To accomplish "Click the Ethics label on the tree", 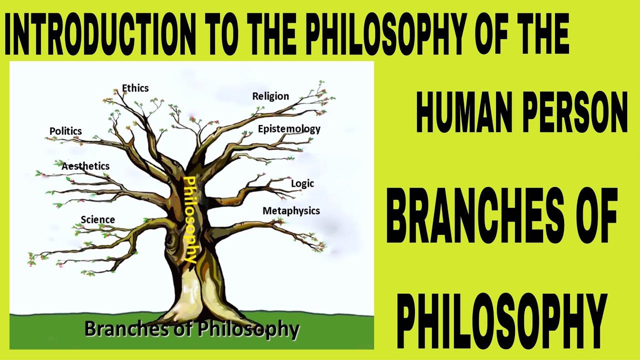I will (135, 88).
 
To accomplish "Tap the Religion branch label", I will (270, 96).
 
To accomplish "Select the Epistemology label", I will (289, 129).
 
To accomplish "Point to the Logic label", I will (302, 183).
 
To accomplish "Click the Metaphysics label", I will (291, 211).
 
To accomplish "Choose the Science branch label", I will (97, 219).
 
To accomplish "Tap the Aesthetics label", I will (85, 166).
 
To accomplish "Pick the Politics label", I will (65, 131).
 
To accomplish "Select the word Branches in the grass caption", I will (129, 329).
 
